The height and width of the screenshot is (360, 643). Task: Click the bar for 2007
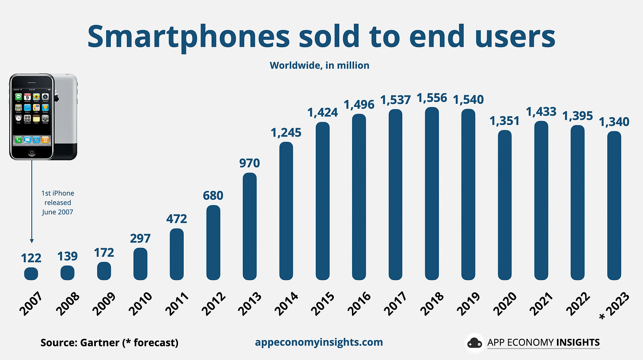click(x=31, y=273)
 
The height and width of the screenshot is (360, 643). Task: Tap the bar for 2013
click(x=250, y=226)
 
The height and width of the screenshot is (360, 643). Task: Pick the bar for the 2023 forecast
click(x=614, y=205)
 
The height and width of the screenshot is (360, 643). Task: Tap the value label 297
click(x=140, y=238)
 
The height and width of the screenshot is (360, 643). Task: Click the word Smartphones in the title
click(x=189, y=38)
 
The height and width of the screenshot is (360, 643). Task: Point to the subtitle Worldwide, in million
click(x=319, y=65)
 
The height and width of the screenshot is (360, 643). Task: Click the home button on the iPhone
click(x=32, y=152)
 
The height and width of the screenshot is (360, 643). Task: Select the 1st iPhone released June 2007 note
click(x=57, y=202)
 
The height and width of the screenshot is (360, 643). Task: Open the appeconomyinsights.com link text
click(x=319, y=342)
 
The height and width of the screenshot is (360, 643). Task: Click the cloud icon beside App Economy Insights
click(x=475, y=343)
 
